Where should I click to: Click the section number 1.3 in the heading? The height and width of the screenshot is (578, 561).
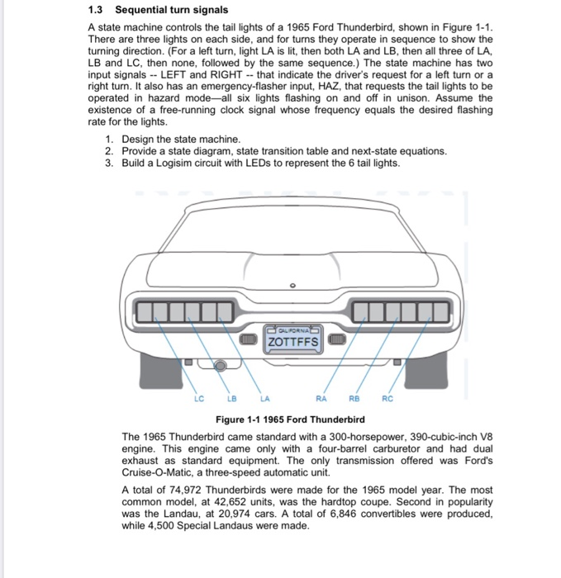[97, 10]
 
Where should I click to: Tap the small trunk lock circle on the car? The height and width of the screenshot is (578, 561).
[292, 287]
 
